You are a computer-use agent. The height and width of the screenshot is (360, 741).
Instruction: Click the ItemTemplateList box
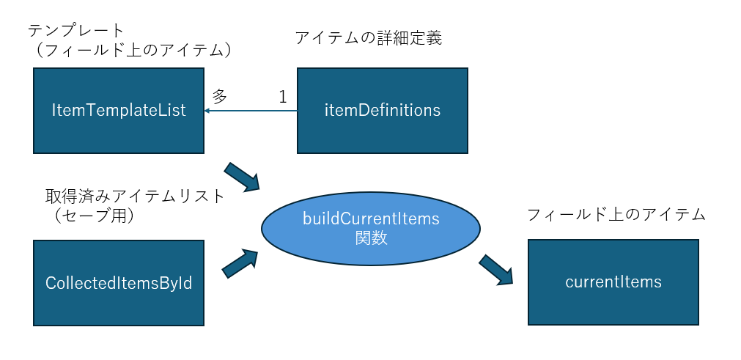[118, 111]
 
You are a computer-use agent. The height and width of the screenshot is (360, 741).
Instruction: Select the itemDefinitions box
[382, 111]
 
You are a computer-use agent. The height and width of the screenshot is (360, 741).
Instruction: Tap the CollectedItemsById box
[118, 283]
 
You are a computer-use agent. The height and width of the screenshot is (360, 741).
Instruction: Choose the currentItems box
[613, 282]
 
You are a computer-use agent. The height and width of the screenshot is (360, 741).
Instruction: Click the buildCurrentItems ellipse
[370, 228]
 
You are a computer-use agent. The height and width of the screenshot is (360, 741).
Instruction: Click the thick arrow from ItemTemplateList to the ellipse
[243, 177]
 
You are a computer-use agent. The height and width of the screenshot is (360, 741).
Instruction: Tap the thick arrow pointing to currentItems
[496, 269]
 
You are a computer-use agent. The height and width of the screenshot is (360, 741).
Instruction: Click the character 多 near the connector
[220, 95]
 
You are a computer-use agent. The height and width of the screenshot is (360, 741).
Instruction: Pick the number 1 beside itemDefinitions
[283, 96]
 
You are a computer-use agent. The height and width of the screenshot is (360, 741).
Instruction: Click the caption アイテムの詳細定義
[368, 38]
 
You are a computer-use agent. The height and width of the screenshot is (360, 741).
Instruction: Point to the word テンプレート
[76, 30]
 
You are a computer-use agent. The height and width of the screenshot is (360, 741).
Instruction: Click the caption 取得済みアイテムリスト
[134, 196]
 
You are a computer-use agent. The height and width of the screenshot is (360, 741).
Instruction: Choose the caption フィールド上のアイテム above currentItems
[616, 214]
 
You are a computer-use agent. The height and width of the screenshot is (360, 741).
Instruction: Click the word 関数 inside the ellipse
[370, 238]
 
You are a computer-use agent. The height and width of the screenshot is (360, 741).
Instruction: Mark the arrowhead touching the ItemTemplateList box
[207, 111]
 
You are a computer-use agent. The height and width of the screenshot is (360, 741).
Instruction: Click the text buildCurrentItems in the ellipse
[370, 218]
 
